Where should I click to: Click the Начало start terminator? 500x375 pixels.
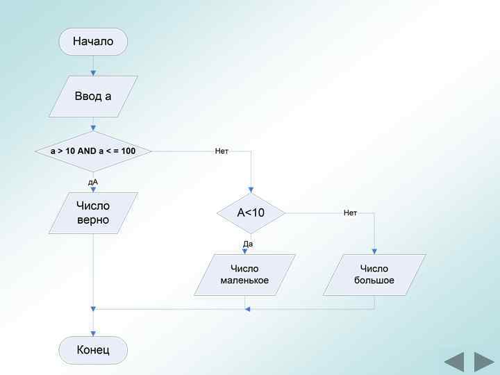[x=93, y=42]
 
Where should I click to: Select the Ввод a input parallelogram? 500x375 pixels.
[x=93, y=97]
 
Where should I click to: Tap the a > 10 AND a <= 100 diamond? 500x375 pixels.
[x=93, y=151]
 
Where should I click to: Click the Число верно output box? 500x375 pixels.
[x=93, y=212]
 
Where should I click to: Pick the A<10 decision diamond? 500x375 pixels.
[x=251, y=212]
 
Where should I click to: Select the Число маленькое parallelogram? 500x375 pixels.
[x=244, y=274]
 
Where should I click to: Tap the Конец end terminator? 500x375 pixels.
[x=93, y=349]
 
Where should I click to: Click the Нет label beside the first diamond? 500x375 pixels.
[x=222, y=151]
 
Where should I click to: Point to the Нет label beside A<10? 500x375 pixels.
[x=350, y=212]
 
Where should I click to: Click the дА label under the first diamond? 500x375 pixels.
[x=93, y=182]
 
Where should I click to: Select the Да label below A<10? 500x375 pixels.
[x=248, y=244]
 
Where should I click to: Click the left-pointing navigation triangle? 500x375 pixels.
[x=454, y=362]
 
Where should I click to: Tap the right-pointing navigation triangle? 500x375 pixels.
[x=483, y=362]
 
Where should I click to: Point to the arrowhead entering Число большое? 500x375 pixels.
[x=375, y=251]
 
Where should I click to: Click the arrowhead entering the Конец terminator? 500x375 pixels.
[x=93, y=333]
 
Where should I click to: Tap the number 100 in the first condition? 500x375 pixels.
[x=128, y=151]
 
